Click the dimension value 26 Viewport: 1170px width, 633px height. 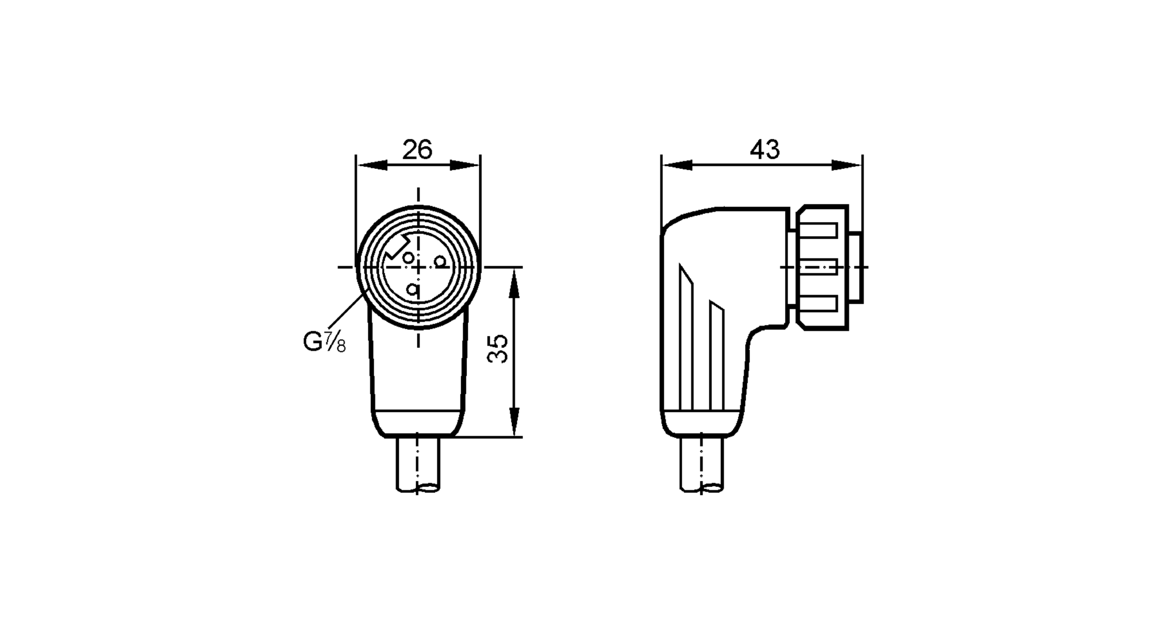click(x=417, y=150)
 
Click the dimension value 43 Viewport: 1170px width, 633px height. click(x=765, y=150)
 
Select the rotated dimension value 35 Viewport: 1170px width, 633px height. click(x=498, y=349)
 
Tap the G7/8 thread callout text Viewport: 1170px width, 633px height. click(x=324, y=342)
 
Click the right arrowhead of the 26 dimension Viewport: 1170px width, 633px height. click(x=464, y=166)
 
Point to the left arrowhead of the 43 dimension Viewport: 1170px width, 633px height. click(x=677, y=166)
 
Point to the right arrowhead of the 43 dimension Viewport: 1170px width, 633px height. click(x=846, y=166)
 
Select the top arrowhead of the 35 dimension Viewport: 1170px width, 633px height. click(x=514, y=283)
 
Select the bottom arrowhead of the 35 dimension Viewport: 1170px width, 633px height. click(x=514, y=421)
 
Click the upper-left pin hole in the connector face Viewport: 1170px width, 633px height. click(x=408, y=257)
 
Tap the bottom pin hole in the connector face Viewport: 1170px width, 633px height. click(x=413, y=289)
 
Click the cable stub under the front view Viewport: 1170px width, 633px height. click(x=418, y=465)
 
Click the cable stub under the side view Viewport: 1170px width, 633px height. click(x=701, y=465)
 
